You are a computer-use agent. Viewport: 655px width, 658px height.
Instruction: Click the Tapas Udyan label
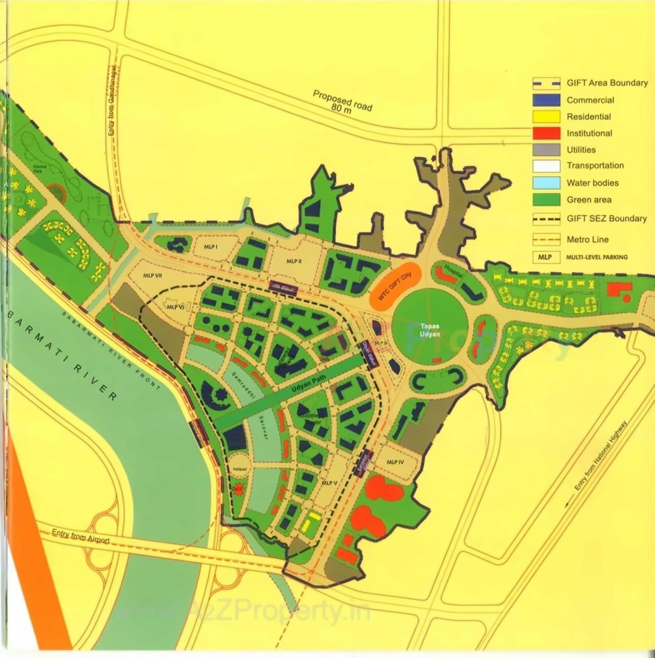click(430, 330)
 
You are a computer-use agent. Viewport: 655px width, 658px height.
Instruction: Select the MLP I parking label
click(211, 247)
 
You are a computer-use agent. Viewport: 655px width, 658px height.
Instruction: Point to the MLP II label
click(294, 261)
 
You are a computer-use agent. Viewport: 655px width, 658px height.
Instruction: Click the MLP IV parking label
click(395, 462)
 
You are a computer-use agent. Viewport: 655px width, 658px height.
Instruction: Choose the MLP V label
click(329, 483)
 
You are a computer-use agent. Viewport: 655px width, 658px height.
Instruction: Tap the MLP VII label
click(152, 275)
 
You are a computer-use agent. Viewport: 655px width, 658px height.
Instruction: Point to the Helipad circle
click(239, 469)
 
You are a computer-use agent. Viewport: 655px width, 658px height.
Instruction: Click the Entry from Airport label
click(80, 536)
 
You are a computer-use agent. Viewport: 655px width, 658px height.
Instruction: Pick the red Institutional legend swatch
click(546, 133)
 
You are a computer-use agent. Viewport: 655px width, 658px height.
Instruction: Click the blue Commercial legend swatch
click(546, 100)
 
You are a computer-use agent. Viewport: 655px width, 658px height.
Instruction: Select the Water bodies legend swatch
click(546, 183)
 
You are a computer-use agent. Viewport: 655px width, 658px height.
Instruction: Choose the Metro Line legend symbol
click(546, 239)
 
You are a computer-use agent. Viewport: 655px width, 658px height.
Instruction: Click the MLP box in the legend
click(545, 257)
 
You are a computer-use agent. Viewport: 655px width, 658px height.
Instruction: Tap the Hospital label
click(453, 271)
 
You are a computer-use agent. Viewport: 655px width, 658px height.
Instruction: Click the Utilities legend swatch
click(546, 150)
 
